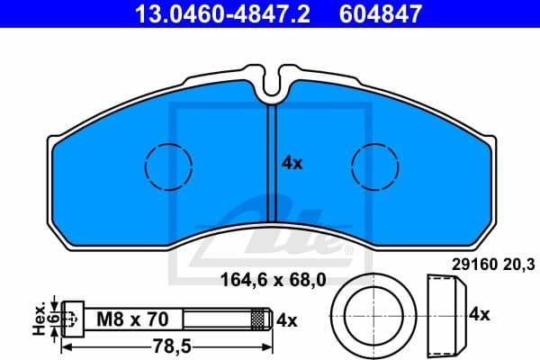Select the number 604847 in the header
point(379,13)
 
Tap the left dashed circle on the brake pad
point(169,166)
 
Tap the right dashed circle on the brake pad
point(375,166)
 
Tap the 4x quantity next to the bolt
point(287,318)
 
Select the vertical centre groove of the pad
point(271,162)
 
